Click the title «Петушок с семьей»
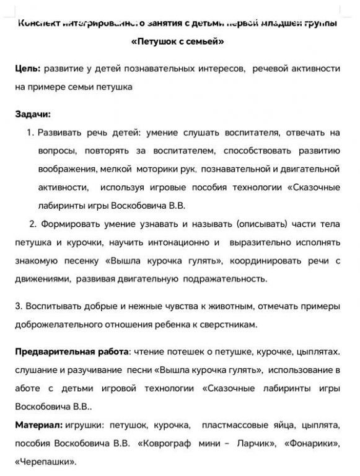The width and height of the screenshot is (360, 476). [x=178, y=42]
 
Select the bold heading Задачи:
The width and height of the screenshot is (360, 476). [x=33, y=114]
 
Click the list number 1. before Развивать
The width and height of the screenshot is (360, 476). [x=31, y=133]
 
